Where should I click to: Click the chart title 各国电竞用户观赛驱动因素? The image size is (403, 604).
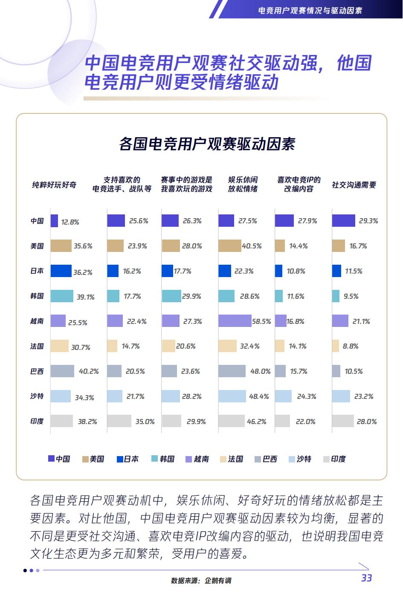pyautogui.click(x=207, y=144)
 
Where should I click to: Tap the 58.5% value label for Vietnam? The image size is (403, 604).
pyautogui.click(x=261, y=321)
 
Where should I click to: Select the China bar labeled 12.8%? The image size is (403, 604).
pyautogui.click(x=54, y=221)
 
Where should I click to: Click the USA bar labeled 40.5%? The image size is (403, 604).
pyautogui.click(x=229, y=246)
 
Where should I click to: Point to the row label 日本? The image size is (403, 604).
pyautogui.click(x=37, y=271)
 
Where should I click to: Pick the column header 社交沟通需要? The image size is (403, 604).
pyautogui.click(x=354, y=185)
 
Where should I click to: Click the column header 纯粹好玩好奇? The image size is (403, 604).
pyautogui.click(x=54, y=185)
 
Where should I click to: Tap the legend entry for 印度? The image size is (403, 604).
pyautogui.click(x=334, y=459)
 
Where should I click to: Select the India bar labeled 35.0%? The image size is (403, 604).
pyautogui.click(x=119, y=421)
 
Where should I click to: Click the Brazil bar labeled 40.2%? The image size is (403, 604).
pyautogui.click(x=62, y=371)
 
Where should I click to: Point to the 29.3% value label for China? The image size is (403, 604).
pyautogui.click(x=368, y=221)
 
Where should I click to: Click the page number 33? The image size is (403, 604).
pyautogui.click(x=366, y=578)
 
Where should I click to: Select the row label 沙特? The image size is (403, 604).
pyautogui.click(x=37, y=396)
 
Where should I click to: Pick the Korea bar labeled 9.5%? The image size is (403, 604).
pyautogui.click(x=336, y=296)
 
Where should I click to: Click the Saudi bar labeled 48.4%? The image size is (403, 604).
pyautogui.click(x=232, y=396)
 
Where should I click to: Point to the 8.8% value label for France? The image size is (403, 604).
pyautogui.click(x=351, y=346)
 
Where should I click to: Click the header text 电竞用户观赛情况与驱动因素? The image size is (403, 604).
pyautogui.click(x=310, y=10)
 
